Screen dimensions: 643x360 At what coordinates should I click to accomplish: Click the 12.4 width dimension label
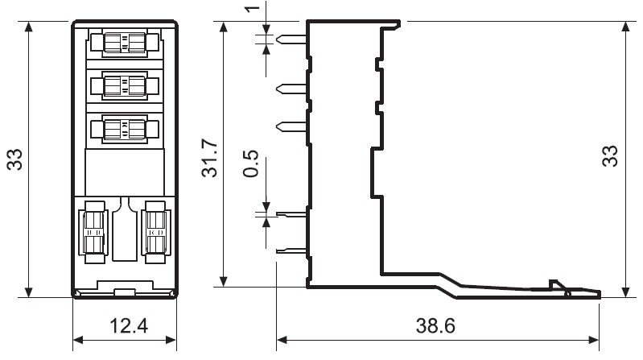pos(128,326)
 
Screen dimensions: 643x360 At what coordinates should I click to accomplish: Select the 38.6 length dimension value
pos(435,326)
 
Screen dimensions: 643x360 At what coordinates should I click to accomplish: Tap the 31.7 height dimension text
pos(209,158)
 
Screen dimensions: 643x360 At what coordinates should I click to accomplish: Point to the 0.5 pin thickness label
pos(250,163)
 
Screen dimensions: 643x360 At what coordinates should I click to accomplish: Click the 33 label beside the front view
pos(14,159)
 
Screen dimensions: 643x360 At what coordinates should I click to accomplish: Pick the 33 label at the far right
pos(610,156)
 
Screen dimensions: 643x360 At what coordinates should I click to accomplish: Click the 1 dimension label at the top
pos(253,8)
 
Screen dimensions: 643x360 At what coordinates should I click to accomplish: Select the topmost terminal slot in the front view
pos(125,43)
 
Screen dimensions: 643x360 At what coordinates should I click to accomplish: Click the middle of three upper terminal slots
pos(125,86)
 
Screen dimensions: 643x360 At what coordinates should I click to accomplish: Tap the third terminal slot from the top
pos(125,129)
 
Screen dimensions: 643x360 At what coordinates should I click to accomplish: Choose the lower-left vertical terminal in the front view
pos(95,232)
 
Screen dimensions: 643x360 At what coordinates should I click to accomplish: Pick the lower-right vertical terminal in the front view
pos(156,232)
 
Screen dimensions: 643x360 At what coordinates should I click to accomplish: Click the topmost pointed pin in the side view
pos(291,39)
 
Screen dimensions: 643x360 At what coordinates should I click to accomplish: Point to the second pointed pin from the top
pos(291,89)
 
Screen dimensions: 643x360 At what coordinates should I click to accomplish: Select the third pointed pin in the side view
pos(291,126)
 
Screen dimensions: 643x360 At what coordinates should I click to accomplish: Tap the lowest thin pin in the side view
pos(291,250)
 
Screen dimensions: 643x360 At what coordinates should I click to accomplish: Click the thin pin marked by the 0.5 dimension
pos(291,214)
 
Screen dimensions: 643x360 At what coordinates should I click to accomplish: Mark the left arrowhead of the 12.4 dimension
pos(78,340)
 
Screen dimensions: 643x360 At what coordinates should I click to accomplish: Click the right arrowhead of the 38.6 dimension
pos(594,340)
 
